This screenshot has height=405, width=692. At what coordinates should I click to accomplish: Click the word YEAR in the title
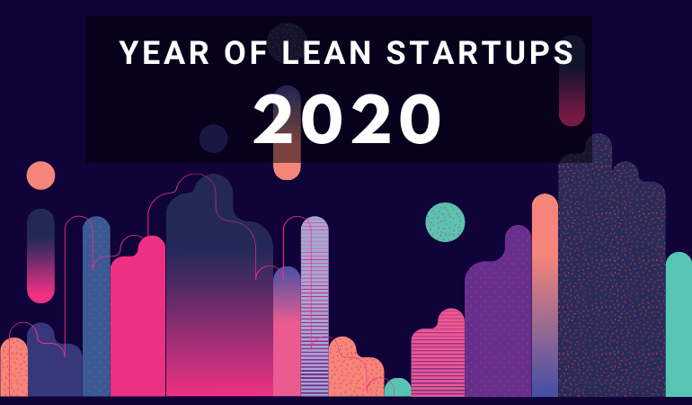coord(164,52)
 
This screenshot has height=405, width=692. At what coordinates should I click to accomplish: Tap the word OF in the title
coord(246,52)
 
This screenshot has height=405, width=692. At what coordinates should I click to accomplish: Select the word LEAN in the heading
coord(326,52)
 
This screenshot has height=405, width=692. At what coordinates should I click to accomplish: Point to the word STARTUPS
coord(480,52)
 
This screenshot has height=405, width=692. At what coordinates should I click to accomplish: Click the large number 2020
coord(347,120)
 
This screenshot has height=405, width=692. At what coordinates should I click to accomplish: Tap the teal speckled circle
coord(445,222)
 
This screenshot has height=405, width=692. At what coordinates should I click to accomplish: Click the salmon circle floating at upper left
coord(40,175)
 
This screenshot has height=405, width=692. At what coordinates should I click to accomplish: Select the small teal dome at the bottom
coord(397,387)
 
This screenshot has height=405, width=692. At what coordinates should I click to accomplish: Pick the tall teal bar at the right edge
coord(679,324)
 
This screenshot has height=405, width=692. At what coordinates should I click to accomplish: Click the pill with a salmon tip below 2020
coord(287,132)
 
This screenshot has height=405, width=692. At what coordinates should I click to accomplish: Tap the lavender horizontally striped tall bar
coord(315,306)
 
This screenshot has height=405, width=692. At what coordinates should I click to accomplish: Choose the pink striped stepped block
coord(438,353)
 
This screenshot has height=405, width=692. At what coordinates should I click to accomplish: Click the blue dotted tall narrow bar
coord(96,306)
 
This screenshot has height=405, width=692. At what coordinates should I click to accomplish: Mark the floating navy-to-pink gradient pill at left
coord(40,256)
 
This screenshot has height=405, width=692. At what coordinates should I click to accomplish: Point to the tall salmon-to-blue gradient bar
coord(545,295)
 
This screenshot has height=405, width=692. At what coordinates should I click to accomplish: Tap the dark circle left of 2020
coord(214,139)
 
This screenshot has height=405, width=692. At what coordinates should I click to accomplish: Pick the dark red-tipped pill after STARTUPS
coord(572,80)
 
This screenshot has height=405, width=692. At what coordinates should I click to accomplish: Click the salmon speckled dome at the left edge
coord(13,367)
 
